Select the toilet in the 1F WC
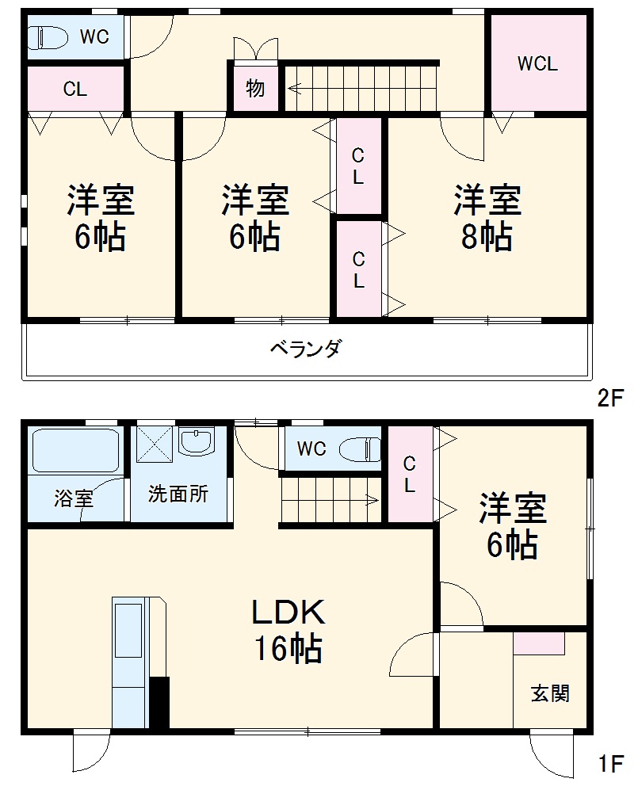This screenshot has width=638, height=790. click(360, 449)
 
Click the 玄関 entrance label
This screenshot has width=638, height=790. click(549, 693)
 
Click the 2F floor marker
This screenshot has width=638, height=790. click(611, 399)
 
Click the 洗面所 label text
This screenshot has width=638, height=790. click(178, 494)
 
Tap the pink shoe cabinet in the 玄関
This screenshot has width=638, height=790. click(539, 643)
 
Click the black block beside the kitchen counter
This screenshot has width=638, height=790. click(159, 702)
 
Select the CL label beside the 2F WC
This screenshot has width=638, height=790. click(75, 90)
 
